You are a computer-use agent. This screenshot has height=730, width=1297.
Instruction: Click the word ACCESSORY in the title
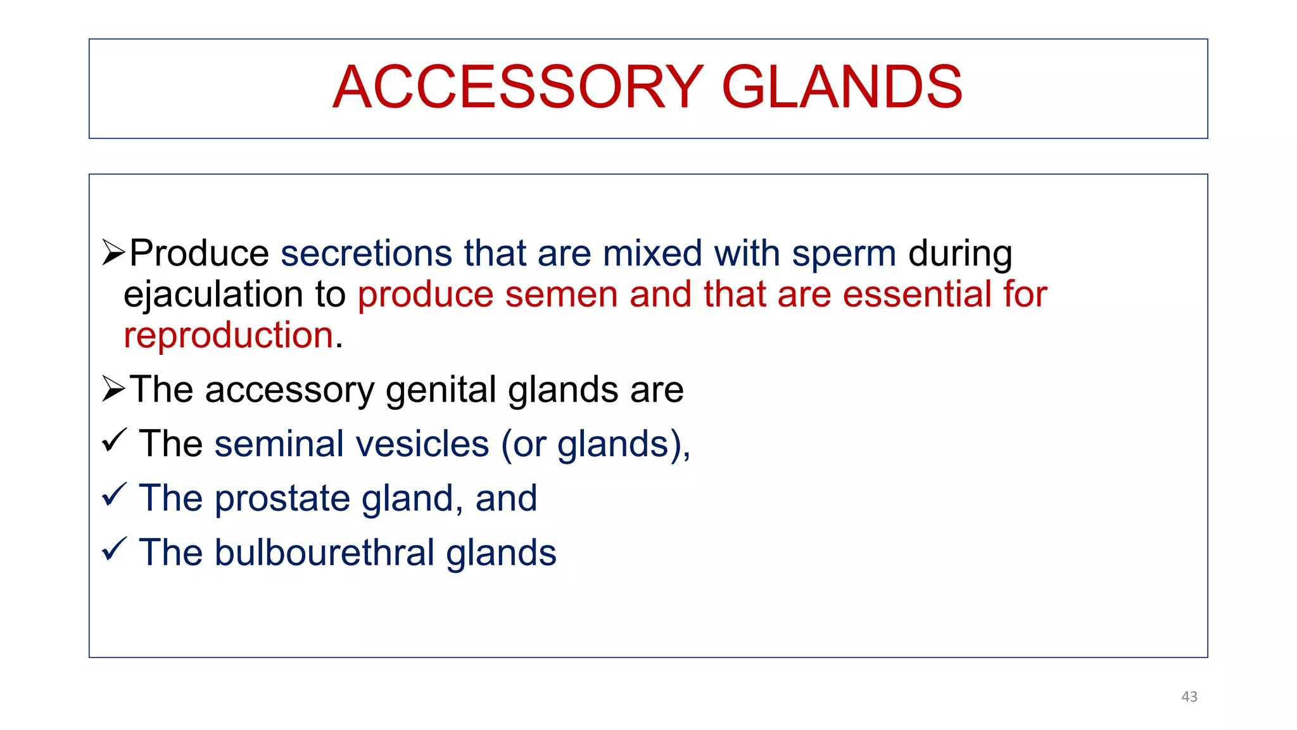pos(517,87)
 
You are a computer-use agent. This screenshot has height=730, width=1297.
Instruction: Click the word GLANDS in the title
pos(842,87)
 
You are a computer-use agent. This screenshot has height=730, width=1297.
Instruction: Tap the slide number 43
pos(1189,696)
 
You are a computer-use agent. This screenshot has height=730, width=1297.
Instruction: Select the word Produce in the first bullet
pos(199,253)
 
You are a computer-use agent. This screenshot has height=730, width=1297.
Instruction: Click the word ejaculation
pos(213,295)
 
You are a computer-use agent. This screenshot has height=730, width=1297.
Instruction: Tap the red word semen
pos(561,295)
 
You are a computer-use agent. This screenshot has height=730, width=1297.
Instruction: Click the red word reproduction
pos(229,335)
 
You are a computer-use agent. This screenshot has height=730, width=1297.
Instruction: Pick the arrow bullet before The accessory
pos(114,388)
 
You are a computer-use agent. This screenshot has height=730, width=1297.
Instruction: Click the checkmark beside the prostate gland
pos(115,495)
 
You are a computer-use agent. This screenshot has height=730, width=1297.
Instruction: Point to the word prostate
pos(282,499)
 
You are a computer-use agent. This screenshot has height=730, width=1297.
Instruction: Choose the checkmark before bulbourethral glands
pos(115,549)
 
